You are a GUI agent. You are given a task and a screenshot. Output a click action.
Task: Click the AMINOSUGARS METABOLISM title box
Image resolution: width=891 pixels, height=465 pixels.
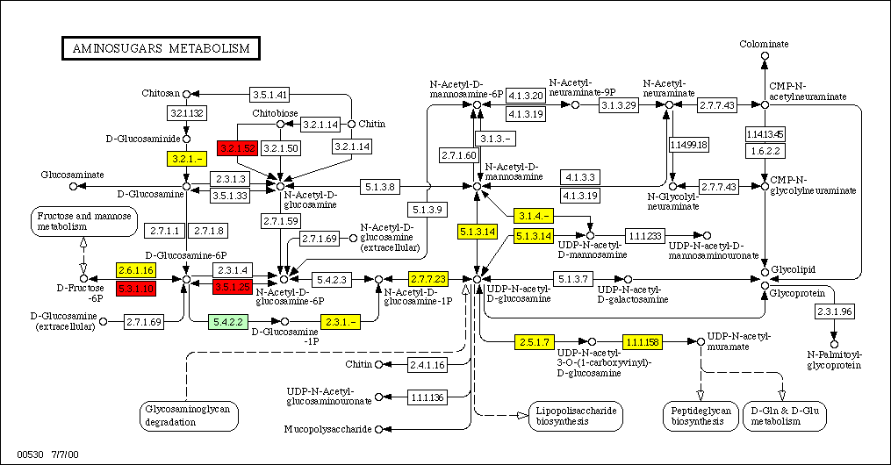coord(160,47)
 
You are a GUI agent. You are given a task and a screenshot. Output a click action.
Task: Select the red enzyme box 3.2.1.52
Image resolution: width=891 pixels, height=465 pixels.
coord(237,147)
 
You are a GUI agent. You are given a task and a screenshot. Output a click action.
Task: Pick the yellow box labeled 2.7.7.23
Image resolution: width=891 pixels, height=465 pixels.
coord(428,279)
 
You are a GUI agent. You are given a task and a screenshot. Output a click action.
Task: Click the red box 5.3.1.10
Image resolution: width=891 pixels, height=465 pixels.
coord(136,287)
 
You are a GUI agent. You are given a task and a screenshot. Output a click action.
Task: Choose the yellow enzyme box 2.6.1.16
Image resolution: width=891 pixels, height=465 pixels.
coord(136,270)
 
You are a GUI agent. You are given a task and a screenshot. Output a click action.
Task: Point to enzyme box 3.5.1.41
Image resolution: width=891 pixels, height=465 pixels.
coord(269,94)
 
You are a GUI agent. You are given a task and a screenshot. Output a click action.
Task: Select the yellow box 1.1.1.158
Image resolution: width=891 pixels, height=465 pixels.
coord(642,340)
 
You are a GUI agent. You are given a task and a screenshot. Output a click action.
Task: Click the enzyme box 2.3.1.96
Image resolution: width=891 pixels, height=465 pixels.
coord(834,311)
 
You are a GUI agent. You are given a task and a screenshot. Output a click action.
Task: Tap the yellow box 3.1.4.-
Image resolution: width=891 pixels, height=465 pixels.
coord(535,216)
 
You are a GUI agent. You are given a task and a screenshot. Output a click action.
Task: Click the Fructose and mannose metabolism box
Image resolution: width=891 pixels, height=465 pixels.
coord(85,222)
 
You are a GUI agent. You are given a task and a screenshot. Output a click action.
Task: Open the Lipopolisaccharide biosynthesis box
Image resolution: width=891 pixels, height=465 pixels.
coord(575,415)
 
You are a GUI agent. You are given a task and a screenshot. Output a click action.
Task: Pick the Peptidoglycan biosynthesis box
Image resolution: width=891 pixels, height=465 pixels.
coord(699,415)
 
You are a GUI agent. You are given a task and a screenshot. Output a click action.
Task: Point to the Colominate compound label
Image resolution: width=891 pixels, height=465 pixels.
coord(764,44)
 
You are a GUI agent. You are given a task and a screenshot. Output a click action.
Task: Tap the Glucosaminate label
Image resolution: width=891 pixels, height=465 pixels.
coord(78,175)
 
